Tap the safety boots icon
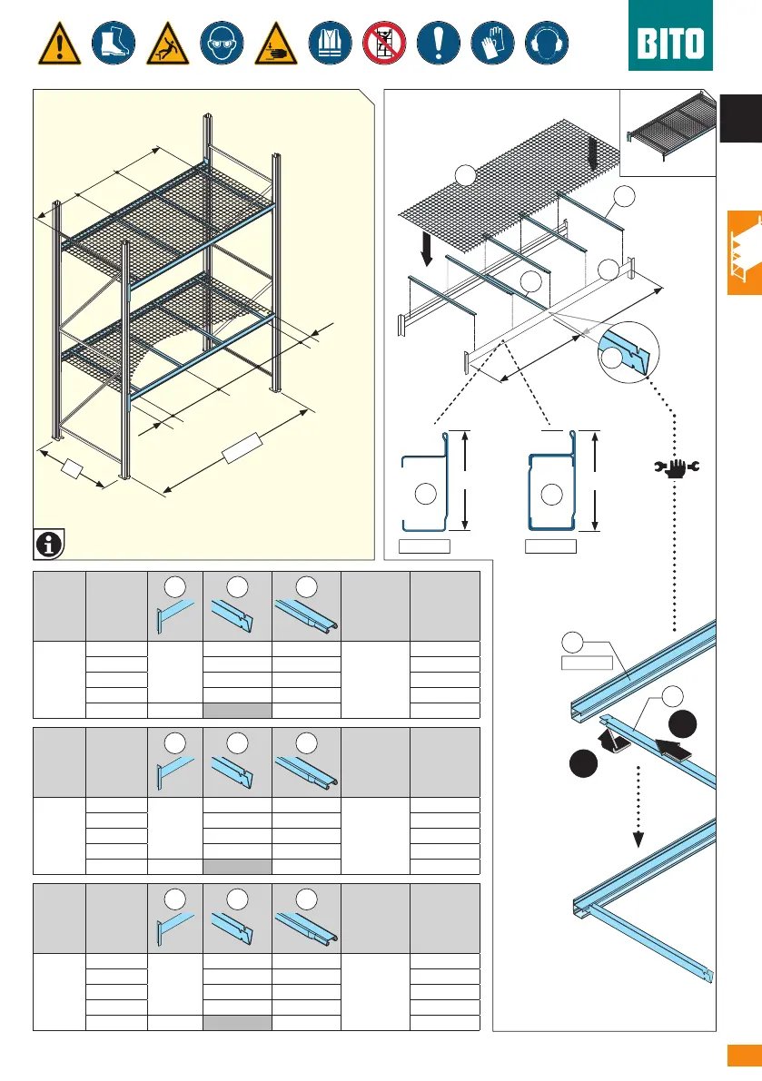(114, 43)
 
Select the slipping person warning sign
(167, 43)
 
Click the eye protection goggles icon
(222, 43)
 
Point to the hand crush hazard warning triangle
(275, 43)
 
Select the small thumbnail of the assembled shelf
(667, 130)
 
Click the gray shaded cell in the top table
(237, 709)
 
